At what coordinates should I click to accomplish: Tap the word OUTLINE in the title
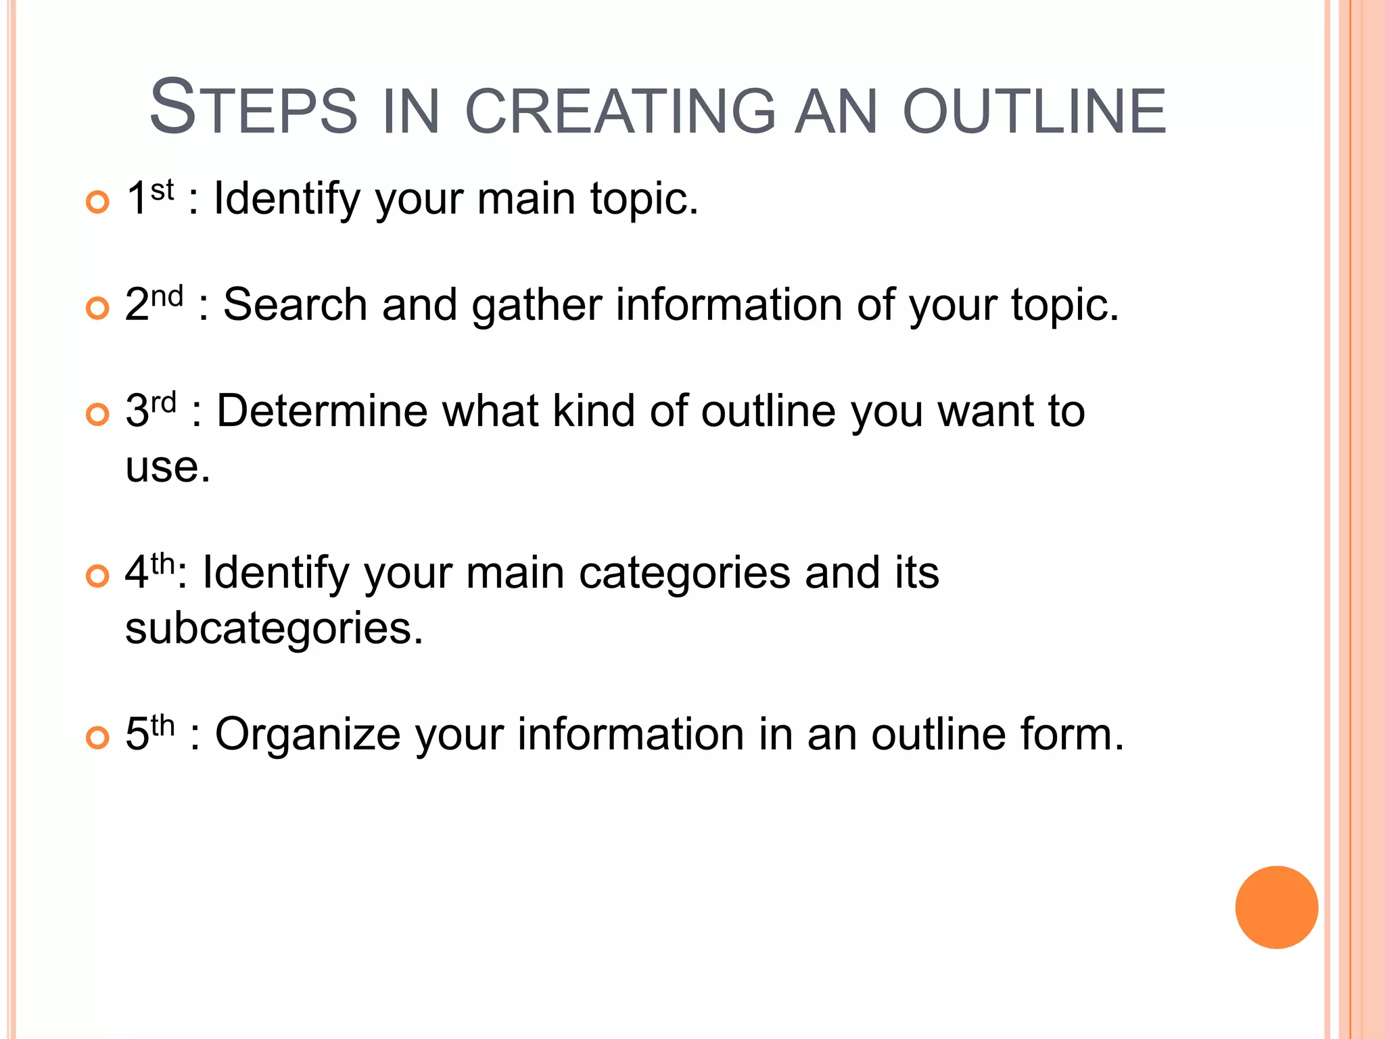point(1035,110)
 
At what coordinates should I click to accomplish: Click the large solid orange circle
point(1276,907)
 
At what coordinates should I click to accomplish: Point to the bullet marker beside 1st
point(98,202)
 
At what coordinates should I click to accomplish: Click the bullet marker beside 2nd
point(98,308)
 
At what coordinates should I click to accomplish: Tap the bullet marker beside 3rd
point(98,415)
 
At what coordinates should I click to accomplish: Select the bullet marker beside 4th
point(98,576)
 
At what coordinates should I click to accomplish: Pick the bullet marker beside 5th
point(98,738)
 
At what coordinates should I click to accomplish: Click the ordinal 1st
point(150,198)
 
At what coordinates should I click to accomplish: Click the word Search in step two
point(295,304)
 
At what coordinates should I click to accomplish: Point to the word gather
point(536,306)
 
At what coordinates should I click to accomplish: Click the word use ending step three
point(167,467)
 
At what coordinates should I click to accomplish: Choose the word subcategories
point(273,628)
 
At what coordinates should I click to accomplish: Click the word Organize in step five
point(308,735)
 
